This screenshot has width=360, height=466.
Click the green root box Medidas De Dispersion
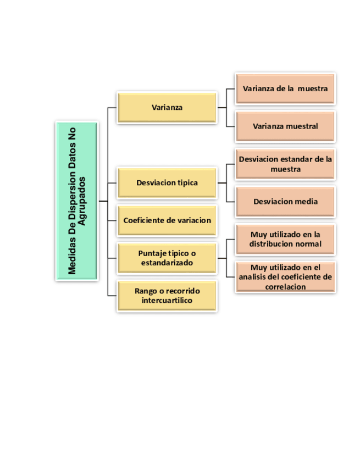(x=76, y=201)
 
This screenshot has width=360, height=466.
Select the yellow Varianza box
(x=167, y=107)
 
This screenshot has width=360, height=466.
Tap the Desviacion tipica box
(x=167, y=182)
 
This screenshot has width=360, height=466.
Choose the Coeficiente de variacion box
(x=167, y=220)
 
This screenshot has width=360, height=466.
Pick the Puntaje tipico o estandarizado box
(x=167, y=258)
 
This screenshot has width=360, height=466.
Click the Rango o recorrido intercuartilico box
(x=167, y=296)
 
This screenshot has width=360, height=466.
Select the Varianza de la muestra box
(x=285, y=88)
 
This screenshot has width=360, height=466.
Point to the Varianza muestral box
(x=285, y=126)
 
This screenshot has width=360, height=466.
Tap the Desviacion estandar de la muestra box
(x=285, y=164)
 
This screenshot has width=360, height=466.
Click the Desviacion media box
(x=285, y=201)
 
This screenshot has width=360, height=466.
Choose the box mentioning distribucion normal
(x=285, y=239)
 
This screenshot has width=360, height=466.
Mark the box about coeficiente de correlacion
(x=285, y=276)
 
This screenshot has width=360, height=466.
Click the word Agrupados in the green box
(x=82, y=201)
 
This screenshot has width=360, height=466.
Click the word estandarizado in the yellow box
(x=167, y=263)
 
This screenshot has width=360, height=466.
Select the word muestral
(x=301, y=126)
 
